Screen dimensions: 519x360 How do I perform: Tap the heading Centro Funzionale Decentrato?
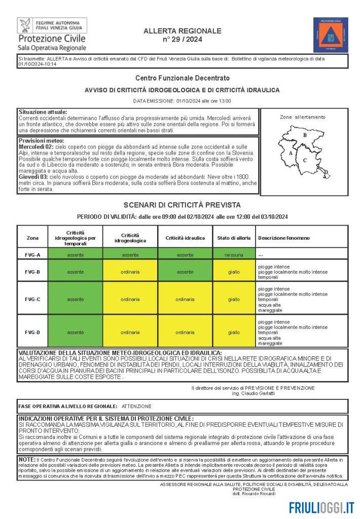182,78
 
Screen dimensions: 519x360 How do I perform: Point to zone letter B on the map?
305,135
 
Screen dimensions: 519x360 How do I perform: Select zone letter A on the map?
291,153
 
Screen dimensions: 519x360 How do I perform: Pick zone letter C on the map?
305,160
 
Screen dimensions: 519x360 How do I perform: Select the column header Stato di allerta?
234,238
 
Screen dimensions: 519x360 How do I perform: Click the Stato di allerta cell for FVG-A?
234,254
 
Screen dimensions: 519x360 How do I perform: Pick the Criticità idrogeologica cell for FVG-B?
130,272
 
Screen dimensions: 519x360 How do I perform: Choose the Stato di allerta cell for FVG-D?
234,332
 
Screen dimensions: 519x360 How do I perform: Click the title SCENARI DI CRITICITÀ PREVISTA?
182,205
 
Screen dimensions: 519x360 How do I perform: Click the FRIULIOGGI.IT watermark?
321,507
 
